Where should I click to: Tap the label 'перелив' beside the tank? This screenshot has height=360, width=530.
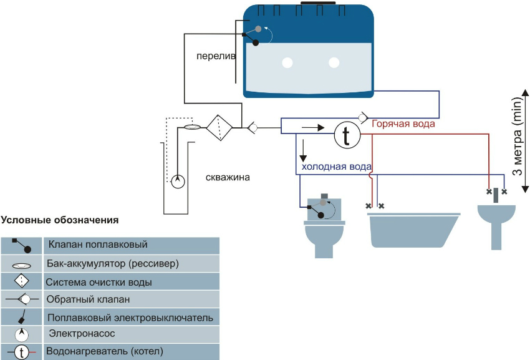pyautogui.click(x=216, y=56)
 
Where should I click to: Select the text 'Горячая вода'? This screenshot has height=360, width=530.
pyautogui.click(x=403, y=124)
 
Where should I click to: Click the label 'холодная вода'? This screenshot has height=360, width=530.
pyautogui.click(x=337, y=167)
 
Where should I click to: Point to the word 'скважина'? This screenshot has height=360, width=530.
pyautogui.click(x=228, y=177)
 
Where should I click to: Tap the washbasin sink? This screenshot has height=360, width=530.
pyautogui.click(x=496, y=218)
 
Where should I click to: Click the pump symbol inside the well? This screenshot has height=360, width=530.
pyautogui.click(x=178, y=181)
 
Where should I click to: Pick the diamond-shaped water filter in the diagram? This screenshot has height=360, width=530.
pyautogui.click(x=219, y=128)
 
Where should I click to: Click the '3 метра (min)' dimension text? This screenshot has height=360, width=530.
pyautogui.click(x=516, y=137)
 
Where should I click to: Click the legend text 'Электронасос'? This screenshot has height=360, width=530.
pyautogui.click(x=83, y=333)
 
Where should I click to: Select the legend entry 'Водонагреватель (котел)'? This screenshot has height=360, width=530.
pyautogui.click(x=105, y=351)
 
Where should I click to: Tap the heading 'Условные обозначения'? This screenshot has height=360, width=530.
pyautogui.click(x=60, y=220)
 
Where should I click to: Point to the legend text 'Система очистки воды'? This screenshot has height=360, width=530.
pyautogui.click(x=99, y=282)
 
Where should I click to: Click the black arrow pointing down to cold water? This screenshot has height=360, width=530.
pyautogui.click(x=303, y=150)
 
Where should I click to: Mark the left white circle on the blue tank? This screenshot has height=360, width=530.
pyautogui.click(x=287, y=62)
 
